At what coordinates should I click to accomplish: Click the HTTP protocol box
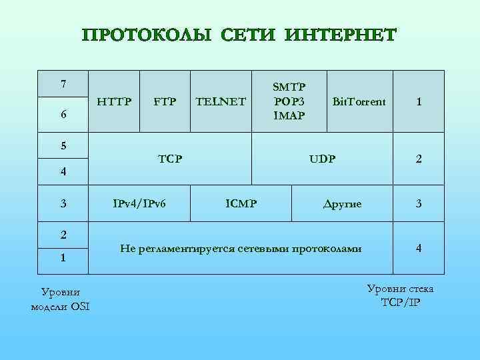click(x=114, y=102)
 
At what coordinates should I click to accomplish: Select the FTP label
click(x=165, y=102)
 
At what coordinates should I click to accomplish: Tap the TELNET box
click(x=221, y=102)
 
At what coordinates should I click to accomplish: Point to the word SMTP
click(x=289, y=87)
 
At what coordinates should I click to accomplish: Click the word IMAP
click(x=289, y=116)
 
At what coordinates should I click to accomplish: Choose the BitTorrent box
click(x=359, y=102)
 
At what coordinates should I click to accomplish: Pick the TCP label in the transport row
click(x=170, y=159)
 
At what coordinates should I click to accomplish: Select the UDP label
click(x=322, y=159)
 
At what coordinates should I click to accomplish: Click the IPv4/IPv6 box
click(x=139, y=203)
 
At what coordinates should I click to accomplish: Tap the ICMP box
click(x=241, y=203)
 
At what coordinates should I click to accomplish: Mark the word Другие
click(x=341, y=203)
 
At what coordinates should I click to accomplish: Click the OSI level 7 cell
click(x=63, y=84)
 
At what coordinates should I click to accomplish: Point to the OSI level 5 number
click(x=63, y=144)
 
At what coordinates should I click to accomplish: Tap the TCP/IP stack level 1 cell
click(x=419, y=102)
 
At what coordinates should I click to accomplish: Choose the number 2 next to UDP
click(x=419, y=159)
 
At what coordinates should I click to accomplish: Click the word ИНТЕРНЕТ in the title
click(x=340, y=34)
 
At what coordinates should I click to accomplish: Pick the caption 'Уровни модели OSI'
click(x=60, y=299)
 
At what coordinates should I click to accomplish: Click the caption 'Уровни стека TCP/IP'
click(x=400, y=295)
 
